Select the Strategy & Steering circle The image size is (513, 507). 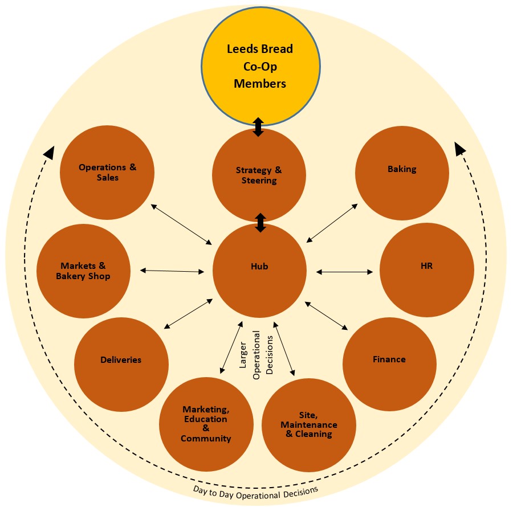coord(259,175)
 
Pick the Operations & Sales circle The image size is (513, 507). coord(107,172)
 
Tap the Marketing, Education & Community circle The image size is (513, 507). coord(206,424)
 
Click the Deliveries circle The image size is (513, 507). coord(121,360)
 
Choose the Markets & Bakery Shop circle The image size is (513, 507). coord(83,271)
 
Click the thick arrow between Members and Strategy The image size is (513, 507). coord(258,127)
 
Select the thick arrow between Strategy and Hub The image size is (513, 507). coord(260,223)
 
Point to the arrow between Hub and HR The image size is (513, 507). coord(345,272)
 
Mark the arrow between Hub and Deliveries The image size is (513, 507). coord(189,313)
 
